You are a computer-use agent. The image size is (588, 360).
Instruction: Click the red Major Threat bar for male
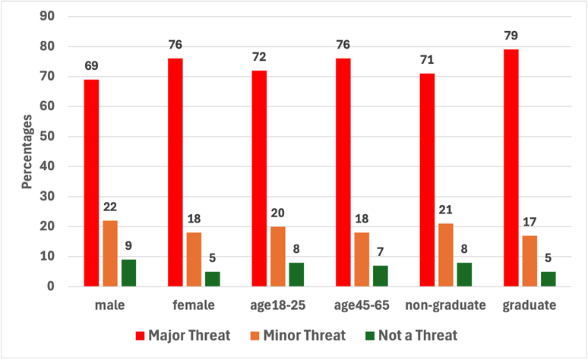[x=91, y=183]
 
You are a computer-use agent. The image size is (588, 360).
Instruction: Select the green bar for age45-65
[x=380, y=276]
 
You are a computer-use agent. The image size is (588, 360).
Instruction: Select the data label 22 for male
[x=109, y=207]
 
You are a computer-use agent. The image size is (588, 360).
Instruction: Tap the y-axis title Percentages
[x=27, y=152]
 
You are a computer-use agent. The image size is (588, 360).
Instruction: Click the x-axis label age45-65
[x=362, y=306]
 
